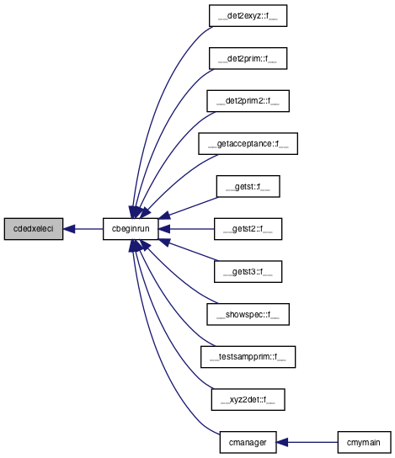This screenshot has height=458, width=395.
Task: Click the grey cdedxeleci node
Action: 34,229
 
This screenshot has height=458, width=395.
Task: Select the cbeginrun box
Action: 131,229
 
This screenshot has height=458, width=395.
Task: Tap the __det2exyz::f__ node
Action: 248,15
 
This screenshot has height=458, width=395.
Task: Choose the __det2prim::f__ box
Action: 248,58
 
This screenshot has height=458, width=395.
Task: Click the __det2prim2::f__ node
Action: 248,101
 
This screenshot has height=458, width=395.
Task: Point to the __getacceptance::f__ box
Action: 248,144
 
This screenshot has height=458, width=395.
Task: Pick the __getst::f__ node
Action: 248,186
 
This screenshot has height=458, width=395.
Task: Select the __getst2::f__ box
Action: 248,229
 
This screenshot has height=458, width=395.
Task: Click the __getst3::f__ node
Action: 248,272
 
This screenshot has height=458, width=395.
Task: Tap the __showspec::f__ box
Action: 248,314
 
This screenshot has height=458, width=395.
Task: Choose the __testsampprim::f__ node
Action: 248,357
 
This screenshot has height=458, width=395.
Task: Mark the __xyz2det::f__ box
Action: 248,400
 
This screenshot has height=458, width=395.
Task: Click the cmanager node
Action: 248,443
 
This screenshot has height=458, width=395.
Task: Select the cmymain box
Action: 365,443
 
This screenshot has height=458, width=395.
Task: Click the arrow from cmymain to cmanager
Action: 307,443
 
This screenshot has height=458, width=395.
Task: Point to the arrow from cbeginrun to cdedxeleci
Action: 83,229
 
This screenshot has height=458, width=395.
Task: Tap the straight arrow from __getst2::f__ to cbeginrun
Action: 186,229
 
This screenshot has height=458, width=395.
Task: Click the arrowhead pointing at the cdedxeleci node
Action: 69,229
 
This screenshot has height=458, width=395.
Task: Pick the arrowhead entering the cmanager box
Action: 282,443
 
